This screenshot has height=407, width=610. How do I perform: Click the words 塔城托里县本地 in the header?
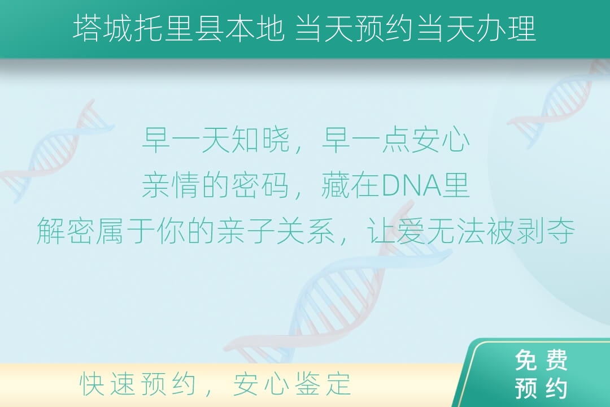[178, 29]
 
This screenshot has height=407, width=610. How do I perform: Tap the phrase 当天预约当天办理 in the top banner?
[416, 29]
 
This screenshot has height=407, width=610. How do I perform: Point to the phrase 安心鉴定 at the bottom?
[292, 384]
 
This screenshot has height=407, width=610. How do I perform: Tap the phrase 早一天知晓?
[216, 140]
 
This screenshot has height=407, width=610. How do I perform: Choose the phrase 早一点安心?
[395, 140]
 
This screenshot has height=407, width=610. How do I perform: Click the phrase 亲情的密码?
[216, 185]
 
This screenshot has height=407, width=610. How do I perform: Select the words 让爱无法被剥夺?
[470, 231]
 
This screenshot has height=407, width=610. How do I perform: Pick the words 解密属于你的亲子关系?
[186, 231]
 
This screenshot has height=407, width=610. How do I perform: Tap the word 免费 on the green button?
[541, 360]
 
